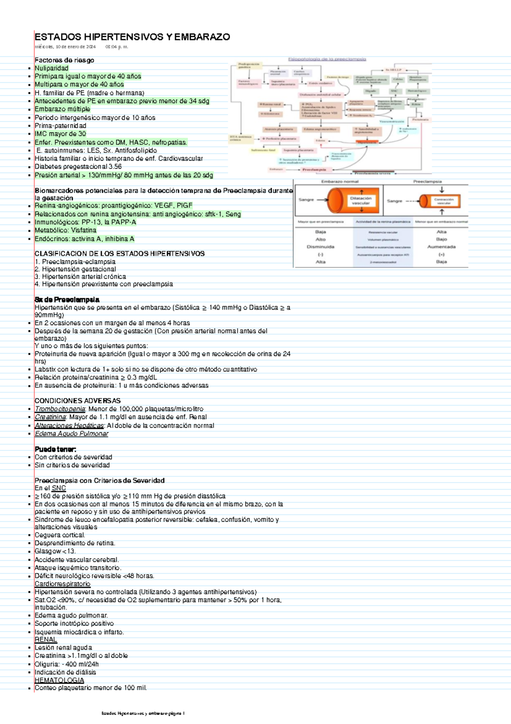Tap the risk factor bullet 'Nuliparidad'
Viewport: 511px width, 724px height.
(52, 68)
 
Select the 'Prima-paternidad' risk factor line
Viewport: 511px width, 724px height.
(60, 126)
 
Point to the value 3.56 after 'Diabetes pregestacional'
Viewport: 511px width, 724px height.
(115, 167)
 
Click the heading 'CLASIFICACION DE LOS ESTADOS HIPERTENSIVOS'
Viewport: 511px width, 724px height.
(120, 254)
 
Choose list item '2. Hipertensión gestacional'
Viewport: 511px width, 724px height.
(75, 269)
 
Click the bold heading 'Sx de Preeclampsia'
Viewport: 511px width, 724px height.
(67, 300)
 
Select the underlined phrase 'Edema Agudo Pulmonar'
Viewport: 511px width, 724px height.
(72, 434)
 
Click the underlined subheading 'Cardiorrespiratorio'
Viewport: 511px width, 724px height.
(63, 584)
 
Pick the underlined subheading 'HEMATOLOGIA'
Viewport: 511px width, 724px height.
(59, 681)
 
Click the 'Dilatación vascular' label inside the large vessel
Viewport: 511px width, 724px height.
(361, 201)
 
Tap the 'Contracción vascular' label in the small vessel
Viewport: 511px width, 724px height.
(444, 201)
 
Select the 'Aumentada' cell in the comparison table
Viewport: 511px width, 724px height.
(441, 247)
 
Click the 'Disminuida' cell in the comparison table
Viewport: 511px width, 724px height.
(320, 247)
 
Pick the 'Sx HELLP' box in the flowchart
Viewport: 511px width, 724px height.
(393, 70)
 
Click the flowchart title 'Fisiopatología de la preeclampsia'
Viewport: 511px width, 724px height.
(327, 59)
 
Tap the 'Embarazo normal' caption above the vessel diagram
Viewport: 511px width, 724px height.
(340, 182)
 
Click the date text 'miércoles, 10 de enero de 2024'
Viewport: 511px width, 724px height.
(65, 47)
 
